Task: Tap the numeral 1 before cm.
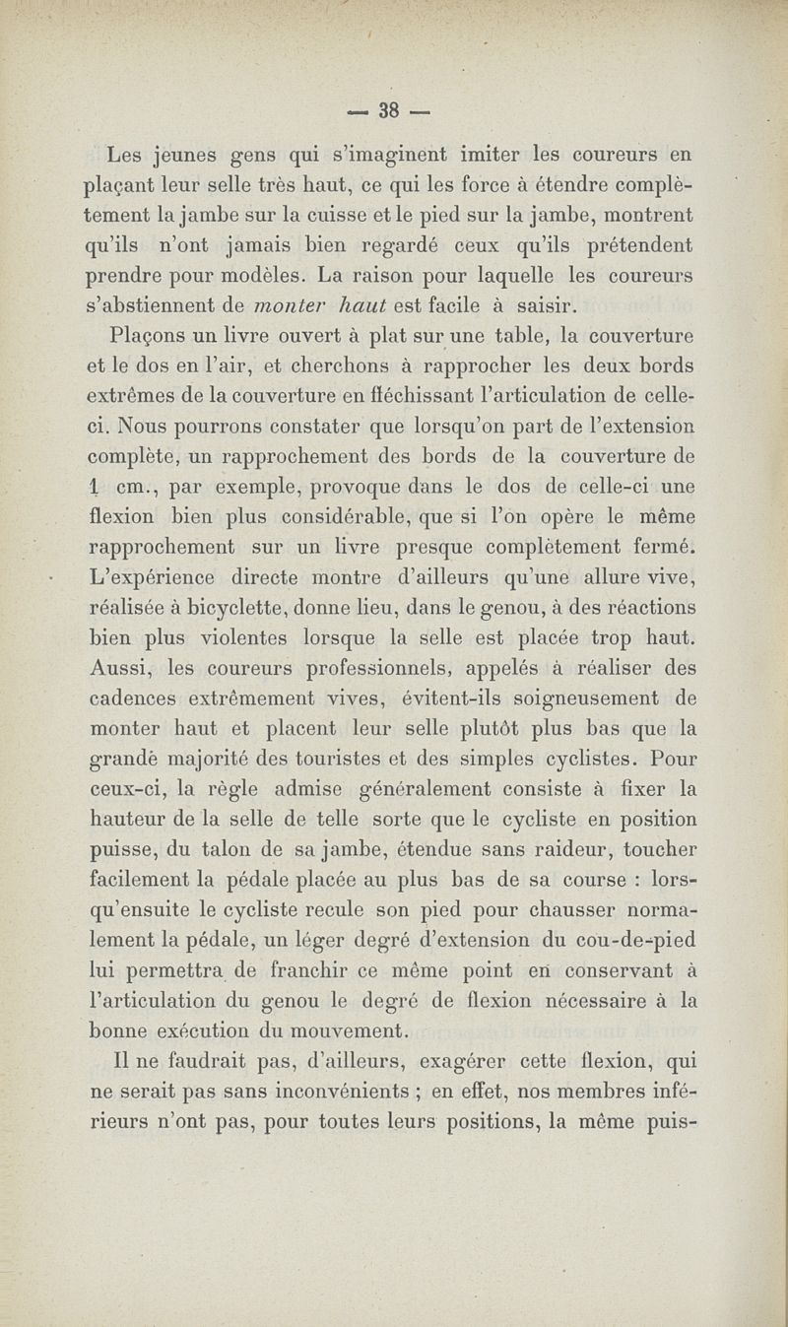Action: (x=90, y=485)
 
